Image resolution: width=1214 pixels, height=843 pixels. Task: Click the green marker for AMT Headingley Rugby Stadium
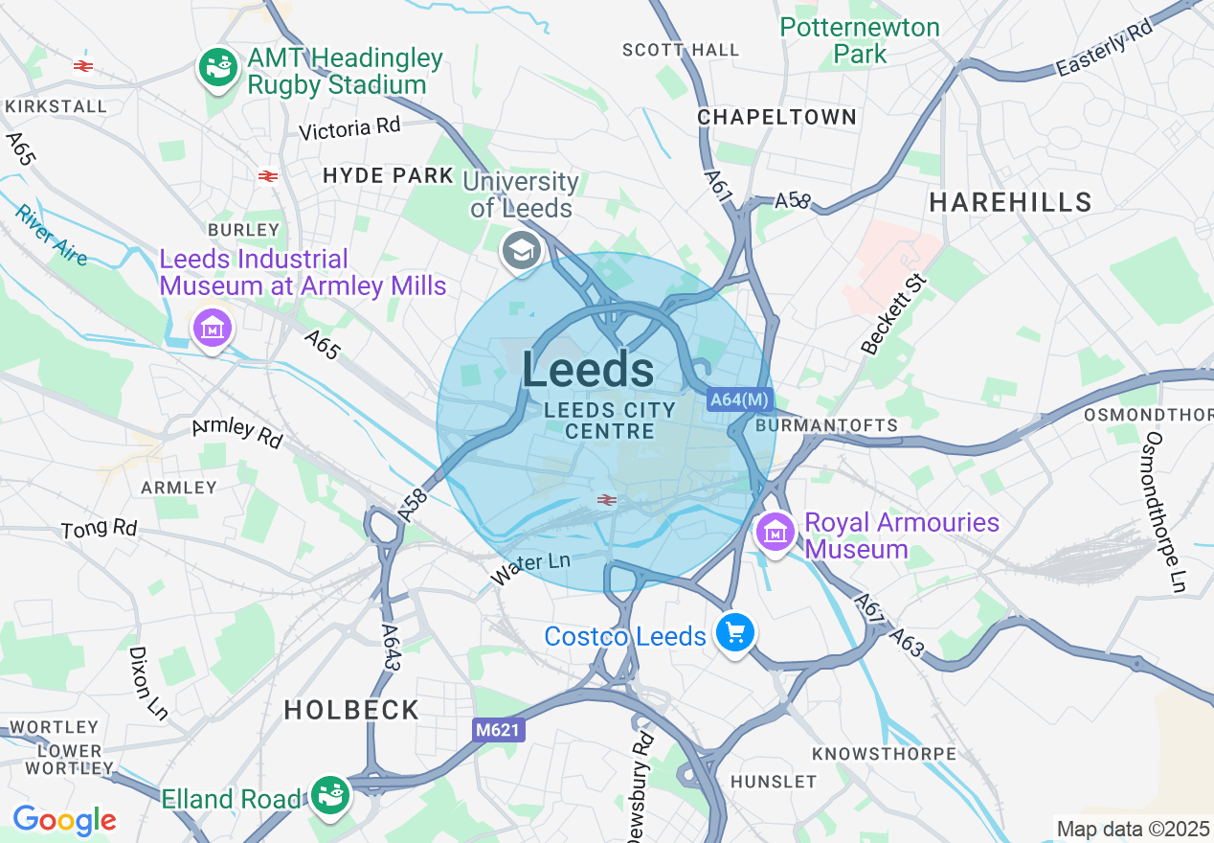pos(219,68)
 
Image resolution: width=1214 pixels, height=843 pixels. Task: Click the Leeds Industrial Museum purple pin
pos(212,329)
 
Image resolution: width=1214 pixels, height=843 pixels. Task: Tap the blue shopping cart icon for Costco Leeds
pos(735,633)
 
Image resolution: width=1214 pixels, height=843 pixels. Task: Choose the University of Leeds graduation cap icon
pos(522,252)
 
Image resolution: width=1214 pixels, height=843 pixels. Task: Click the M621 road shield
pos(499,730)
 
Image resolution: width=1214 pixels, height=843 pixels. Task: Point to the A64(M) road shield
pos(740,399)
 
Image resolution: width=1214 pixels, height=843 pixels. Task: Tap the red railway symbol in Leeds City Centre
pos(606,499)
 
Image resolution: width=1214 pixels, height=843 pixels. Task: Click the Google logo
pos(64,820)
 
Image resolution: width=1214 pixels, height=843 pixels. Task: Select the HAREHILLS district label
pos(1010,202)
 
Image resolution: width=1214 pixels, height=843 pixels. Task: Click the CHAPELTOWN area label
pos(776,117)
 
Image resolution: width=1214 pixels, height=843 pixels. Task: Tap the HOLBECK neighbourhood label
pos(351,710)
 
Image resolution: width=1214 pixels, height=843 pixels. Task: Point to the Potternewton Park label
pos(860,40)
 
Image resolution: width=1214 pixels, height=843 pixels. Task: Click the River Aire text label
pos(51,236)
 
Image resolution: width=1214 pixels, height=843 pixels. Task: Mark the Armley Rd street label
pos(237,433)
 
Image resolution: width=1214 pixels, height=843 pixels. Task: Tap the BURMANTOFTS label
pos(826,424)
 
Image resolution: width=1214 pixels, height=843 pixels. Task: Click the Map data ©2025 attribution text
pos(1132,829)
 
